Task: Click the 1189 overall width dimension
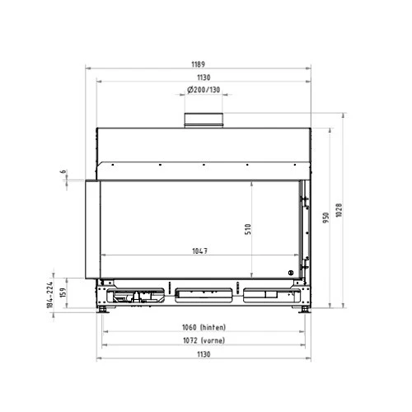point(198,64)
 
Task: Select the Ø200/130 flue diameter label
point(204,90)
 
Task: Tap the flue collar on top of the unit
point(204,120)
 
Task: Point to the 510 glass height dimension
point(248,229)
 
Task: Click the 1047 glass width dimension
point(199,250)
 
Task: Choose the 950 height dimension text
point(325,218)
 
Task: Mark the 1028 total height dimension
point(339,210)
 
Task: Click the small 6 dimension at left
point(63,171)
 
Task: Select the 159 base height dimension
point(63,293)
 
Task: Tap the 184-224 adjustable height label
point(49,295)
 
